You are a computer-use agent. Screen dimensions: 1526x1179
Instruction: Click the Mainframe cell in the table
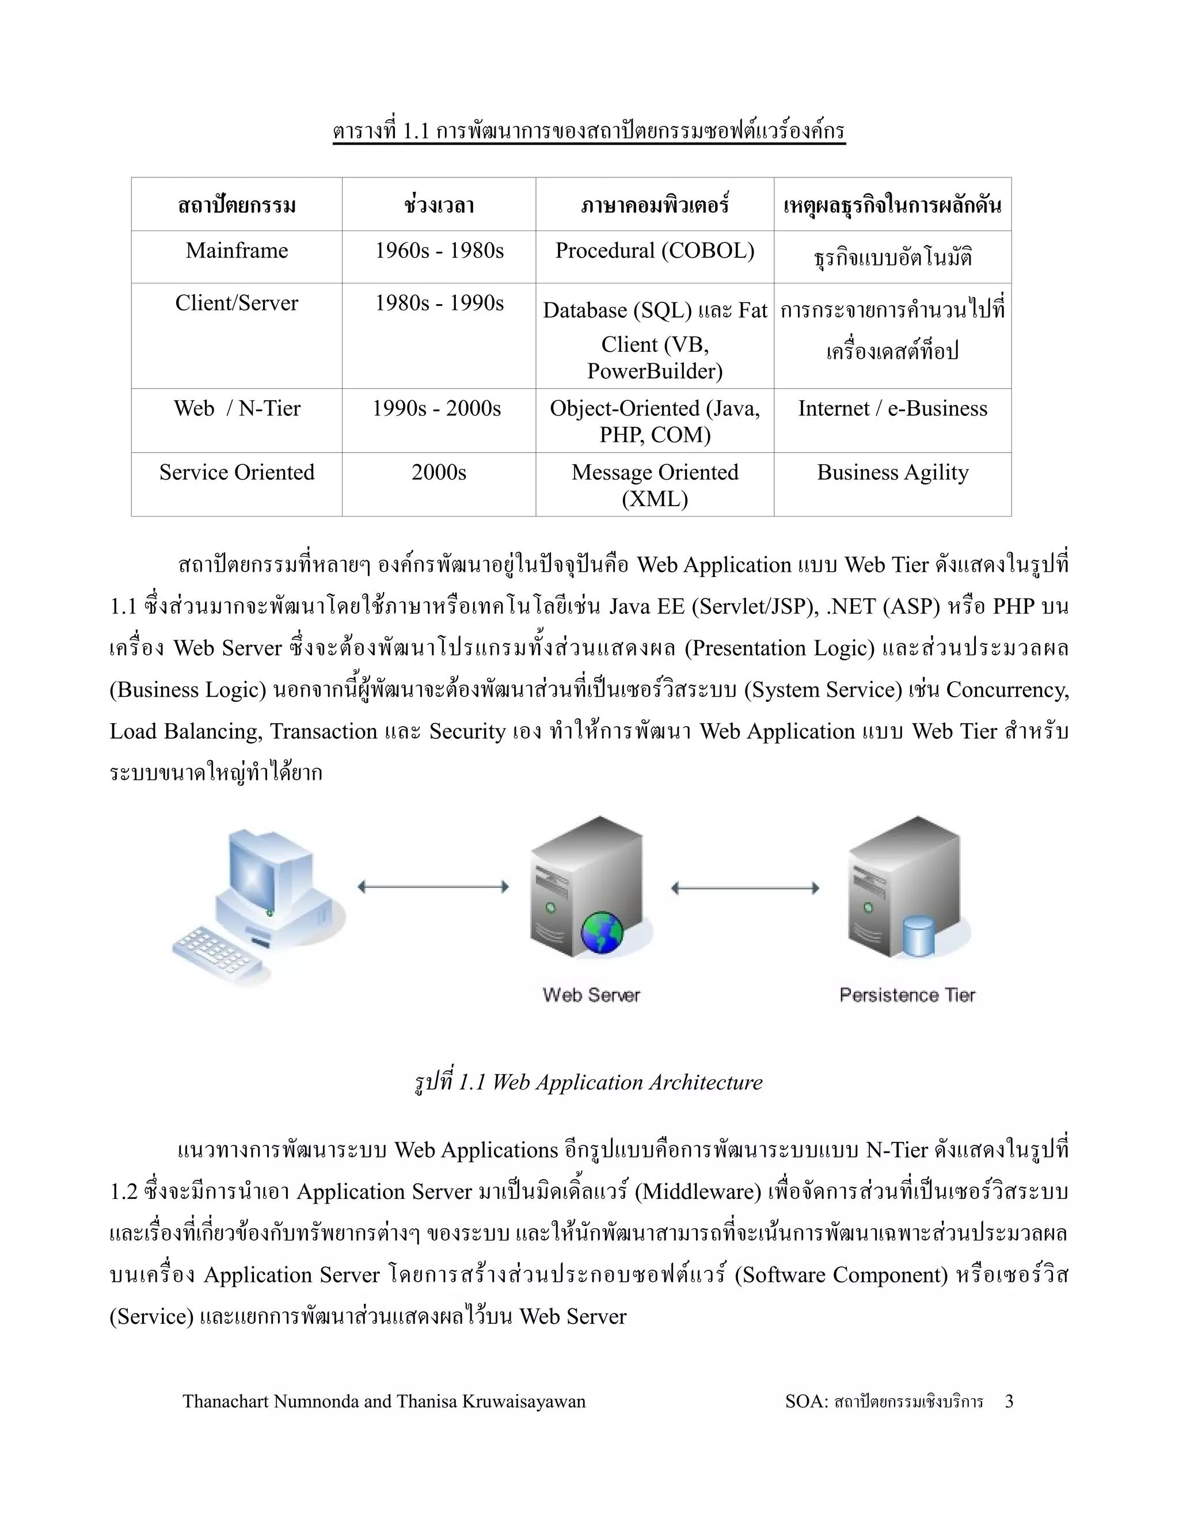[237, 251]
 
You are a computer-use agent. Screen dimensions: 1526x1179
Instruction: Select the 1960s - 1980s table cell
[439, 251]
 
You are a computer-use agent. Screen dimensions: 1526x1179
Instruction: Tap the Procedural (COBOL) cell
[655, 251]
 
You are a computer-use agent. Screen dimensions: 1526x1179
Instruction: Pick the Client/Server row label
[237, 303]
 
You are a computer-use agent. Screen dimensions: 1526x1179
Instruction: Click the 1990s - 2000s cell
[436, 409]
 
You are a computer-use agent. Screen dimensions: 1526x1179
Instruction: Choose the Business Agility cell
[893, 473]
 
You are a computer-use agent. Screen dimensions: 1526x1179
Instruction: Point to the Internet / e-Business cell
[893, 409]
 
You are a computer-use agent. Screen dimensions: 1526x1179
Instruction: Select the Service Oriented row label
[237, 473]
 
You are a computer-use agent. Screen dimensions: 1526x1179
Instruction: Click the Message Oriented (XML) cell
[655, 485]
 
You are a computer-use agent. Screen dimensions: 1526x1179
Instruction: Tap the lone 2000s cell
[439, 473]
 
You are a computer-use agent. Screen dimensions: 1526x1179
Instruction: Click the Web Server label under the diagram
[591, 995]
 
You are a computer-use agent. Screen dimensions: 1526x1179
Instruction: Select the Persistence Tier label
[907, 995]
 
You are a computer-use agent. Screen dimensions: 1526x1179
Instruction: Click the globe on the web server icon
[602, 932]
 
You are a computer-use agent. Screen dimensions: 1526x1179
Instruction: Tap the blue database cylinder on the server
[918, 936]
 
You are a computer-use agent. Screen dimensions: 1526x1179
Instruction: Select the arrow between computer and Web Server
[433, 887]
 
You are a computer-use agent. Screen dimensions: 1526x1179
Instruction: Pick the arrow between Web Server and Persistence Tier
[744, 888]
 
